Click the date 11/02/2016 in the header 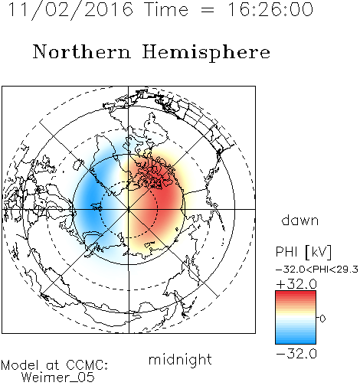pos(70,9)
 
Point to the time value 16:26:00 pos(270,9)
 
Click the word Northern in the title pos(82,51)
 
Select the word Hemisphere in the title pos(206,53)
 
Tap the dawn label pos(300,220)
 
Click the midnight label pos(180,360)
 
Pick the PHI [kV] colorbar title pos(303,252)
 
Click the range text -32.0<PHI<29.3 pos(317,270)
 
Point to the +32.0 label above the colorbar pos(296,284)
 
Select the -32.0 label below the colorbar pos(296,354)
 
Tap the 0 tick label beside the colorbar pos(322,319)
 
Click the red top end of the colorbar pos(296,293)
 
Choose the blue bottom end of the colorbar pos(296,342)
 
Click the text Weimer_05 pos(58,378)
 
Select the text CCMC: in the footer pos(87,365)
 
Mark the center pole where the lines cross pos(129,209)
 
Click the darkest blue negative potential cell pos(90,198)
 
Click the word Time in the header pos(166,9)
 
